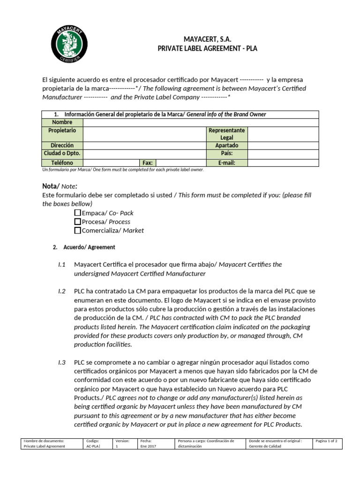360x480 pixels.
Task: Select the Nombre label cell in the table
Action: pyautogui.click(x=62, y=122)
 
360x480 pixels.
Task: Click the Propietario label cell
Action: pyautogui.click(x=62, y=130)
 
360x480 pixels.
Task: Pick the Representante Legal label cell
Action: pyautogui.click(x=227, y=134)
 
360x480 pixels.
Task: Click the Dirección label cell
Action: pyautogui.click(x=62, y=146)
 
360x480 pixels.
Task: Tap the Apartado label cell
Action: pyautogui.click(x=227, y=146)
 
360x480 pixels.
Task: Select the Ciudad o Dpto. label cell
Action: pyautogui.click(x=62, y=153)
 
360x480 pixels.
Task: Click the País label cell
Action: pyautogui.click(x=227, y=153)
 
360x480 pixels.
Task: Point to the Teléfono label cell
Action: pyautogui.click(x=62, y=163)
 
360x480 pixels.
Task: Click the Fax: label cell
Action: pyautogui.click(x=148, y=163)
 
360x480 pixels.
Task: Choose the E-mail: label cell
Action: pyautogui.click(x=227, y=163)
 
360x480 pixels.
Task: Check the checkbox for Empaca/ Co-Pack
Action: pyautogui.click(x=78, y=213)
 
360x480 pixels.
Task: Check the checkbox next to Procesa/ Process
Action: pyautogui.click(x=78, y=222)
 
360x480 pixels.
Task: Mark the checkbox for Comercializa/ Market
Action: pyautogui.click(x=78, y=230)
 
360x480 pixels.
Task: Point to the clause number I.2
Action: pyautogui.click(x=62, y=291)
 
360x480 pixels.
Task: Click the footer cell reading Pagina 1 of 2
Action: pyautogui.click(x=329, y=441)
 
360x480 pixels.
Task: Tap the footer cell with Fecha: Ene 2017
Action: pyautogui.click(x=155, y=443)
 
